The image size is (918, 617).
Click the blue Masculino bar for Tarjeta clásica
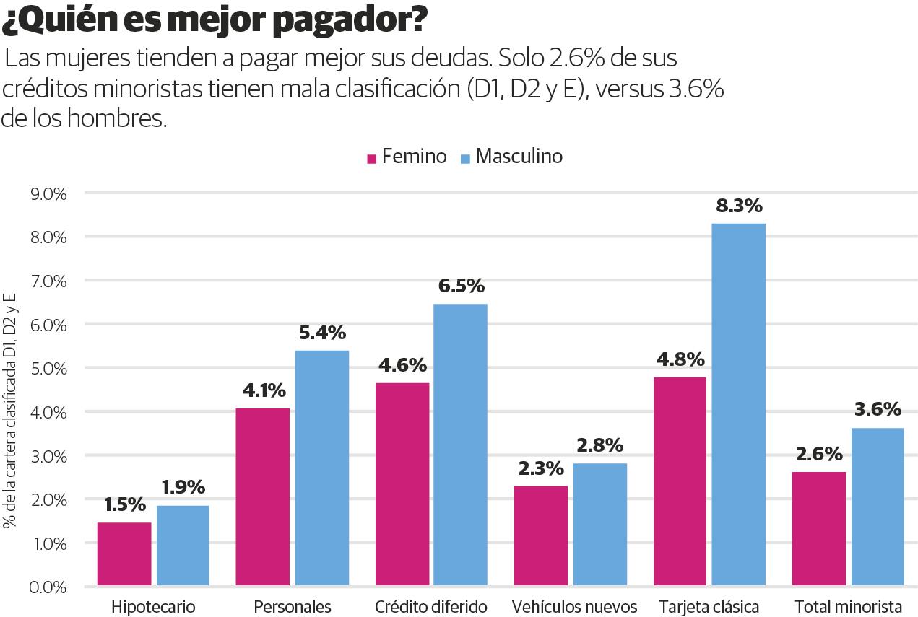tap(738, 404)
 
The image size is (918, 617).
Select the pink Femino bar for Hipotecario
tap(124, 553)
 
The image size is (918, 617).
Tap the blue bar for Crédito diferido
tap(460, 444)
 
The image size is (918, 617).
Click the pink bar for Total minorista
tap(818, 528)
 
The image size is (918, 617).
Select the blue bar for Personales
tap(321, 467)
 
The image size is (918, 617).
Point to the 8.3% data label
tap(739, 206)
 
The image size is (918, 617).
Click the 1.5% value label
tap(125, 504)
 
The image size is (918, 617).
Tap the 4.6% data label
tap(402, 365)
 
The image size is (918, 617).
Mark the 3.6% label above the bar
tap(878, 410)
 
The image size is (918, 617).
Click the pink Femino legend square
tap(373, 158)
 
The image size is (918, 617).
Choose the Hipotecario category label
tap(153, 607)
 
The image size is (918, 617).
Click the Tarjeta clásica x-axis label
tap(708, 607)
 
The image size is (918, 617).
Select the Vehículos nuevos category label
tap(574, 607)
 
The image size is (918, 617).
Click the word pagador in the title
tap(348, 22)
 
